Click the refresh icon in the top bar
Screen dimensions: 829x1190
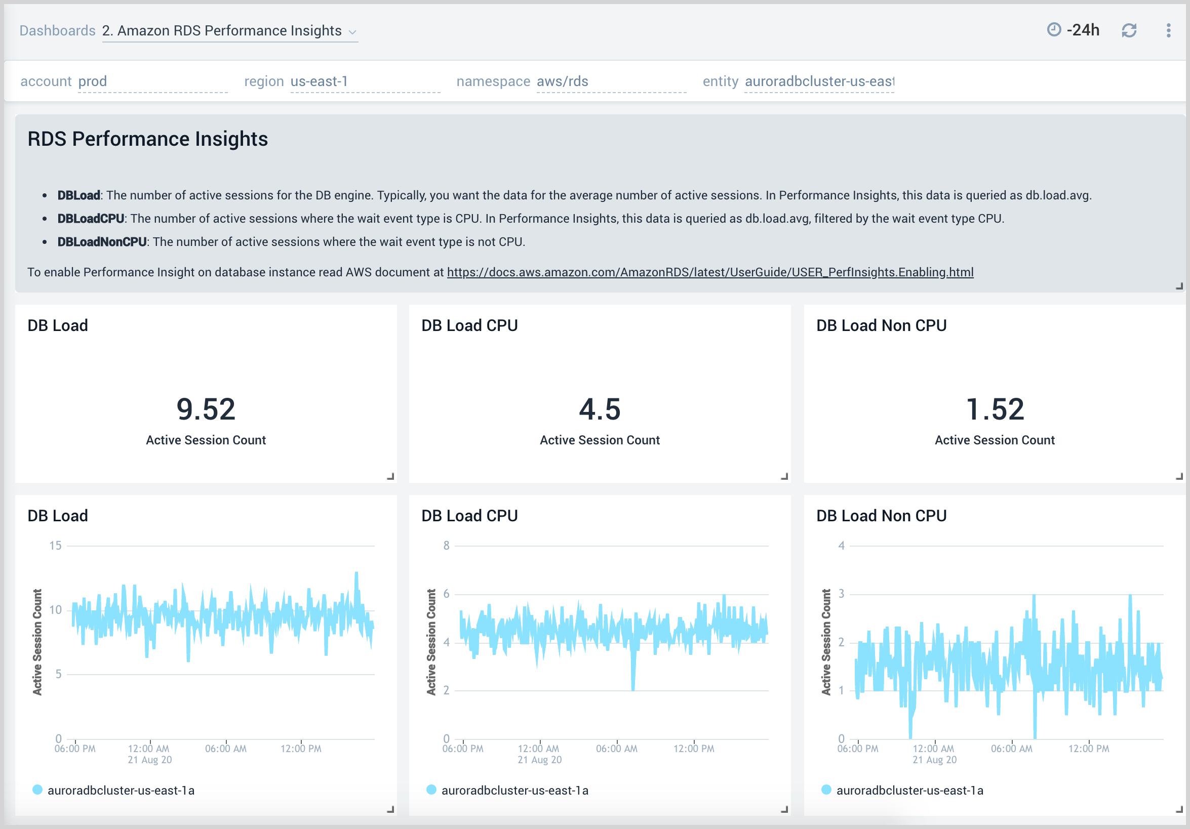click(x=1129, y=30)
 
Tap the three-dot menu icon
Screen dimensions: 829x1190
click(x=1168, y=30)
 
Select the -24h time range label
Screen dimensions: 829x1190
click(x=1083, y=30)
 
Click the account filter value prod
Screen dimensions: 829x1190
click(x=92, y=81)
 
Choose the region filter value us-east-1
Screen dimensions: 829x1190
click(x=319, y=81)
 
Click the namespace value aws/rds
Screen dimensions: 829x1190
click(x=563, y=81)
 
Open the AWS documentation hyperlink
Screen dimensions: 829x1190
click(x=710, y=272)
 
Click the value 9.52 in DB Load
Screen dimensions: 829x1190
click(x=206, y=409)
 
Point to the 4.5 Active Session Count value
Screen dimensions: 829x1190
click(x=600, y=409)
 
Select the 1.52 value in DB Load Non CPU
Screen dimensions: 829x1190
click(x=995, y=409)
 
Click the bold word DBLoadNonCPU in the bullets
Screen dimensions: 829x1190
click(x=102, y=242)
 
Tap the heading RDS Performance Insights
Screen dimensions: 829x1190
click(x=148, y=139)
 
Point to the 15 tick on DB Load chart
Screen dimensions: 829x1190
click(x=56, y=546)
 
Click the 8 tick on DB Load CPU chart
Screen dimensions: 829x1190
click(x=446, y=546)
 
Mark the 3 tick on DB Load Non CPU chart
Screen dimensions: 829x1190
click(x=841, y=594)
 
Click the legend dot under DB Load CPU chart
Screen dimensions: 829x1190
click(x=431, y=790)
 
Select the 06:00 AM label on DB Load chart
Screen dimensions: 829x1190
click(x=225, y=749)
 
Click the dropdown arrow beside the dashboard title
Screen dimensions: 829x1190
click(x=352, y=32)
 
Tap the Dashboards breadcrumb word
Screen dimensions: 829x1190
click(x=57, y=30)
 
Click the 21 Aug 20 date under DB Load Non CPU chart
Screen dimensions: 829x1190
click(x=934, y=760)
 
